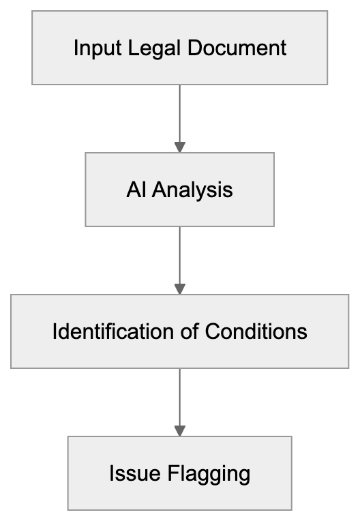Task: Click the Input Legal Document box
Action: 179,48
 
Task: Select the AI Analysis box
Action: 179,189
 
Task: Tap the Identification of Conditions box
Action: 179,331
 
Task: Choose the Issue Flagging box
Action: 179,473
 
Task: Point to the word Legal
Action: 146,48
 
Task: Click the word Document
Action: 230,48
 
